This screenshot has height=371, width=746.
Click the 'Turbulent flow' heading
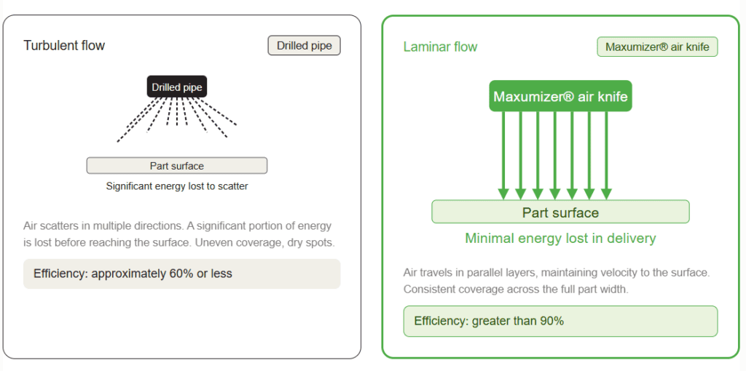pos(64,46)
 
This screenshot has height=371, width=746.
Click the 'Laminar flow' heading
pos(440,47)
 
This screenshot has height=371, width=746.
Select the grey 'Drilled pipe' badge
pos(304,46)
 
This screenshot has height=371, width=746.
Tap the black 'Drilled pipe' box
pos(177,87)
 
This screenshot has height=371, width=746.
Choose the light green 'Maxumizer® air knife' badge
pos(657,47)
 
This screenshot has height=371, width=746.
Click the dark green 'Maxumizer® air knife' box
pos(560,97)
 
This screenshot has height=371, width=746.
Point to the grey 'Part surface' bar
pos(177,166)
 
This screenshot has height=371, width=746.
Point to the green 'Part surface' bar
pos(560,212)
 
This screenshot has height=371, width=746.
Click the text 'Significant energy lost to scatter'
pos(177,186)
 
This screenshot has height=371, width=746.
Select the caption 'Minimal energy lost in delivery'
pos(560,238)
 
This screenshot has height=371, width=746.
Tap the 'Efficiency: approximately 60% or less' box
pos(181,274)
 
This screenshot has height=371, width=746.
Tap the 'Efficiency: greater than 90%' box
pos(560,321)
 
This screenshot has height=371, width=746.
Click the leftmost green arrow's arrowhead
pos(503,194)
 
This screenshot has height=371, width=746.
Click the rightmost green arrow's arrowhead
pos(606,194)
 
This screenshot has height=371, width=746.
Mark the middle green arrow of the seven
pos(554,156)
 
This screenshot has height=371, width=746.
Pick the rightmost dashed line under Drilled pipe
pos(218,111)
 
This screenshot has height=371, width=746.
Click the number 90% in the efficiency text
pos(552,321)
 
